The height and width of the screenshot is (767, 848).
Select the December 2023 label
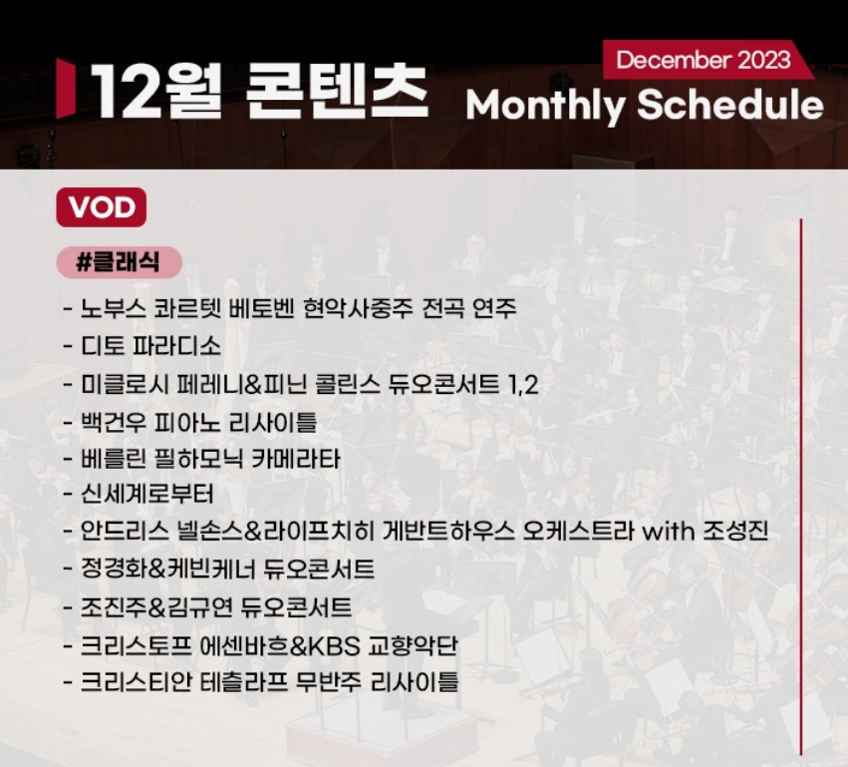click(x=703, y=60)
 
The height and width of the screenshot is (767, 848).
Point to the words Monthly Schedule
click(x=644, y=105)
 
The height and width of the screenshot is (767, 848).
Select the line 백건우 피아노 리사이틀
click(x=198, y=422)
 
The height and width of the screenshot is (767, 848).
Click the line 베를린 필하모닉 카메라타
click(x=210, y=459)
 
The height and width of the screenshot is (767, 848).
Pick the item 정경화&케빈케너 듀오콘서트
click(x=228, y=570)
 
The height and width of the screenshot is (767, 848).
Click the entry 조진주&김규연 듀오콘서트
click(x=216, y=606)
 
